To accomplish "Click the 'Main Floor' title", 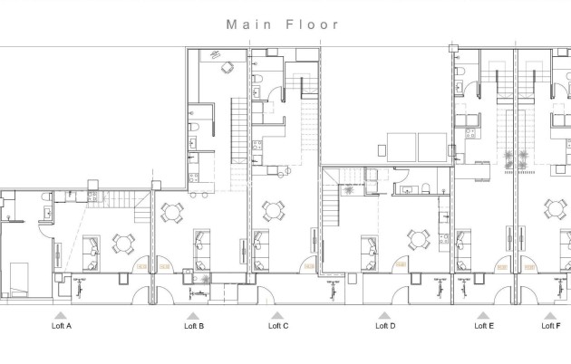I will (284, 24).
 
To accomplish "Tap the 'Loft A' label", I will (63, 325).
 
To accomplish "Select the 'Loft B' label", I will (194, 325).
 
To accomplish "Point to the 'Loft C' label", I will (279, 325).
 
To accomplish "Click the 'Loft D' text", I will (385, 325).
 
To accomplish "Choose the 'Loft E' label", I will (484, 325).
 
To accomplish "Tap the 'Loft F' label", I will (550, 325).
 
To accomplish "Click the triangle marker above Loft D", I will (384, 315).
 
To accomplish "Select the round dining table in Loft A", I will (122, 243).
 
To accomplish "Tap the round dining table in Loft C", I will (272, 211).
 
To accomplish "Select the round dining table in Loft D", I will (417, 240).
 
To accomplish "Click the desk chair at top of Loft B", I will (227, 64).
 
